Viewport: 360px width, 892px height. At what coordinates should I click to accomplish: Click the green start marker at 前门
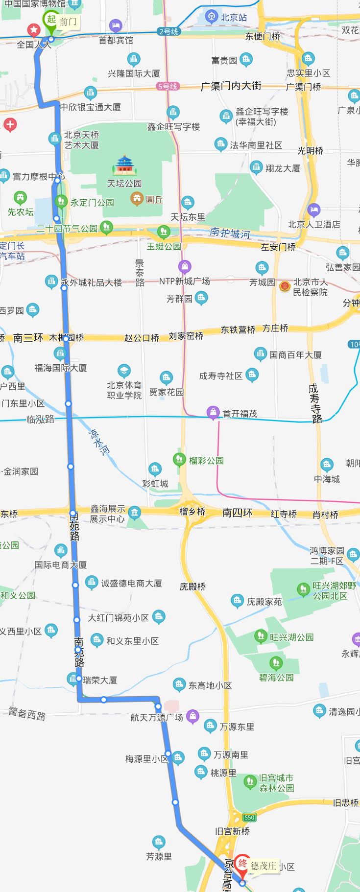51,20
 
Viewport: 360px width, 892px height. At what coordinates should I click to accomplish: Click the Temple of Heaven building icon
124,166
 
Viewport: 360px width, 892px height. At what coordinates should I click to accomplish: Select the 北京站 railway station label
234,18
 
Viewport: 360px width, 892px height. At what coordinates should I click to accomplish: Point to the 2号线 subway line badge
168,31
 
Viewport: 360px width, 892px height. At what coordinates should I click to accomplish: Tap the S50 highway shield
249,817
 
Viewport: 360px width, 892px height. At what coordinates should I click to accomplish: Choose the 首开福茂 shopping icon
213,412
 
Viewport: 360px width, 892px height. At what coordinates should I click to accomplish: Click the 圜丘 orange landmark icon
137,199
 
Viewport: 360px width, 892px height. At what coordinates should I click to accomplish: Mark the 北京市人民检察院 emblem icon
285,286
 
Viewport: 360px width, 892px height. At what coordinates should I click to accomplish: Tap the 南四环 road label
237,513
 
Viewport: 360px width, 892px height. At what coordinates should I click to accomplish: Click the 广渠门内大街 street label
231,86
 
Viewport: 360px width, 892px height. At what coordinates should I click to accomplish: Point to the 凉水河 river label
98,442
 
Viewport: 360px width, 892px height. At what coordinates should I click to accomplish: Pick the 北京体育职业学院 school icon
124,370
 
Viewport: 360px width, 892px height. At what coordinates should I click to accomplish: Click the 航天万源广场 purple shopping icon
193,716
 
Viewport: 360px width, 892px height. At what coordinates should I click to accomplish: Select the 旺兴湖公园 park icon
261,636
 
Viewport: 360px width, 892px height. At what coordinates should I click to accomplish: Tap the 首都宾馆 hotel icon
116,25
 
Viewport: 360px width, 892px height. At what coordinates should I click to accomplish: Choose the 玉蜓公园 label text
164,246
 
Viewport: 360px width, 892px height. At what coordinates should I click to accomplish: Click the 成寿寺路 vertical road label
315,403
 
